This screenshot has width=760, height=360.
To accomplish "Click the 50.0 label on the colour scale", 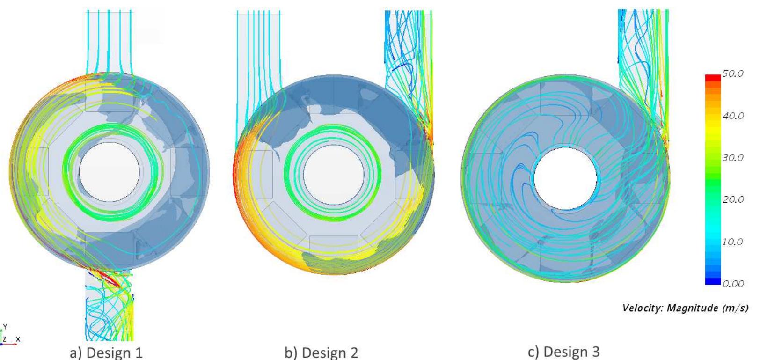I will tap(733, 74).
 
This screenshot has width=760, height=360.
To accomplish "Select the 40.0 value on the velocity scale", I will tap(733, 116).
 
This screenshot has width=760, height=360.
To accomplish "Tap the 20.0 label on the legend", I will tap(733, 199).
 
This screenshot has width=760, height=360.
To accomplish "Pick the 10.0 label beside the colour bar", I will tap(733, 242).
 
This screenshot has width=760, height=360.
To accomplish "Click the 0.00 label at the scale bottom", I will tap(733, 283).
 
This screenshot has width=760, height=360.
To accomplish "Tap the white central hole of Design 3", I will tap(565, 179).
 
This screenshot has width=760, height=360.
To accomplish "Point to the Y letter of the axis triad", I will tap(5, 327).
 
